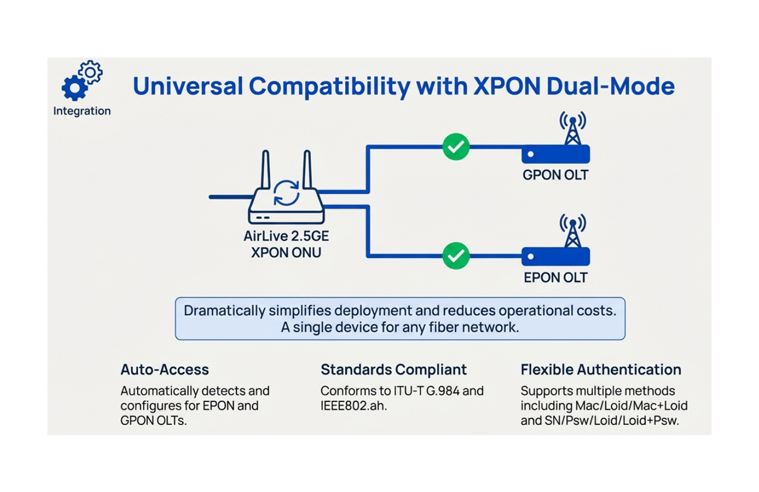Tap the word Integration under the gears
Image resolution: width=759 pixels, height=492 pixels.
pos(82,111)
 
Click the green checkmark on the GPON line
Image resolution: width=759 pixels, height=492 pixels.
pos(455,146)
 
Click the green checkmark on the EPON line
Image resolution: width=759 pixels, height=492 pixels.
pos(455,255)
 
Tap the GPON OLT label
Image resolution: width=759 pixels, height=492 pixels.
pos(555,175)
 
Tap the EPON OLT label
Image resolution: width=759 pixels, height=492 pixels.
pos(555,277)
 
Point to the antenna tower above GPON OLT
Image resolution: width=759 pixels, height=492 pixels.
pos(572,128)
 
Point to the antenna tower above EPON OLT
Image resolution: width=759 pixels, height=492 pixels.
pos(572,231)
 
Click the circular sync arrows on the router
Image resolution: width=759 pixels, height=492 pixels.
pos(286,193)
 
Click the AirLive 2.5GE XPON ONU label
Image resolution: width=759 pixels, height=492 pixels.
pos(286,244)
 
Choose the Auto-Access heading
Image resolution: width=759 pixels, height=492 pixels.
pos(164,369)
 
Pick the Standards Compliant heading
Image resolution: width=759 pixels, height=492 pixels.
pos(394,369)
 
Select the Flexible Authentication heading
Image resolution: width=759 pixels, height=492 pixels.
pos(601,369)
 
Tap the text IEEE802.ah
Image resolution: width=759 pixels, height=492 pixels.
pos(353,407)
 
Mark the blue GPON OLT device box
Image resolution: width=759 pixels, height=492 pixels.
pos(556,154)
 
